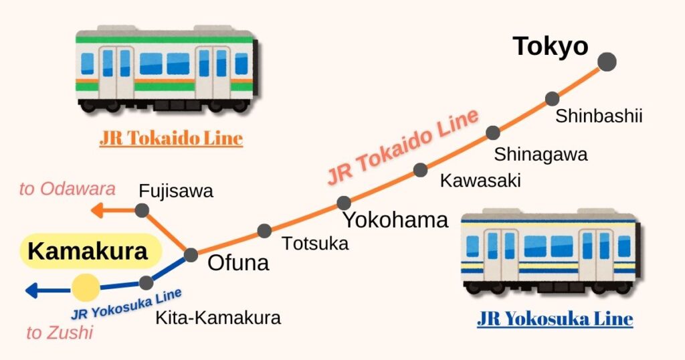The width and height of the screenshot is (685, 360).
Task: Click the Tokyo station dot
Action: point(607,62)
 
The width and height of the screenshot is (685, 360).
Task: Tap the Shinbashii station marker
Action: point(552,99)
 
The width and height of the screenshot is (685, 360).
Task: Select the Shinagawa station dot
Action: point(493,132)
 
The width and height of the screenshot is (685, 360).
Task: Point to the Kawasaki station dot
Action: point(420,170)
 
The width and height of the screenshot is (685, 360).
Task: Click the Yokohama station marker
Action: point(344,203)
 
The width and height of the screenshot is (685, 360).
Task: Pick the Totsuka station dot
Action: point(265,231)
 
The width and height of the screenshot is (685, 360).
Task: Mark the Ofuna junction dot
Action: point(191,255)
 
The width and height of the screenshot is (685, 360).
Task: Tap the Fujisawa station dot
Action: point(142,210)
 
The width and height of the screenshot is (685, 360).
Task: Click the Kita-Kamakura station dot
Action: point(146,283)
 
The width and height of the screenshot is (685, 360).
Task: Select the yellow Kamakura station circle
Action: point(86,288)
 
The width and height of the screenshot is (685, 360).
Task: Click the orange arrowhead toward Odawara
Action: point(97,210)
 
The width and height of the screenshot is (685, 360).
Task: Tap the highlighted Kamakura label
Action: point(88,252)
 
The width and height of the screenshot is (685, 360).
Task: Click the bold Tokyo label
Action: point(550,46)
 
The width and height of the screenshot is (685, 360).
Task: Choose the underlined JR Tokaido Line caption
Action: point(171,139)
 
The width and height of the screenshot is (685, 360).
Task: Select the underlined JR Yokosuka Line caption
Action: point(555,319)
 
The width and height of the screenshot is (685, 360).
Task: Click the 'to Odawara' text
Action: point(67,189)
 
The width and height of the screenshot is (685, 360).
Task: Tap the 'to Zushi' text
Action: point(60,332)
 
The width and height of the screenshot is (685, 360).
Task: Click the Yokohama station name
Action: point(395,219)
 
